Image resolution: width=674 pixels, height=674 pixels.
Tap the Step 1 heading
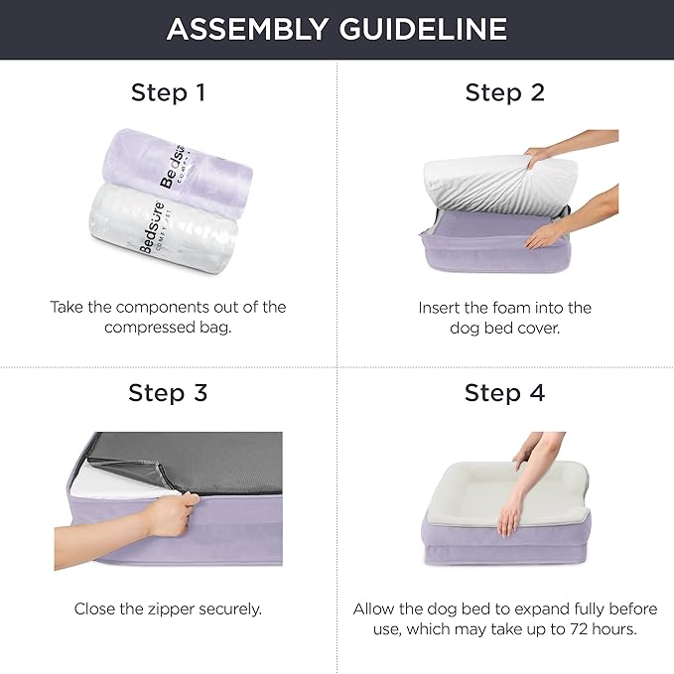coord(168,93)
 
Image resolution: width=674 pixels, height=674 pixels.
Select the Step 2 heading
coord(505,93)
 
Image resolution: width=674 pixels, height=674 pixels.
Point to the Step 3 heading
coord(168,392)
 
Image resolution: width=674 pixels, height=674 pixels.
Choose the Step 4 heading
coord(505,392)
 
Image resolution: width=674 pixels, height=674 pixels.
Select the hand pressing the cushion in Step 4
coord(516,511)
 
